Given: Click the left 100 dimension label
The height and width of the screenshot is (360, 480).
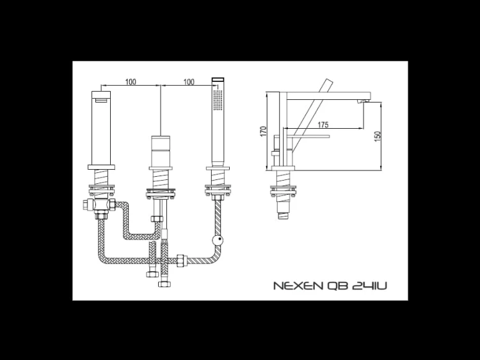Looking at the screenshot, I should tap(131, 81).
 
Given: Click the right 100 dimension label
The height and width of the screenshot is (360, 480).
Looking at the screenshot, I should tap(189, 81).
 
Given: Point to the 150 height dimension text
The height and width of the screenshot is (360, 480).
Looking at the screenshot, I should tap(378, 136).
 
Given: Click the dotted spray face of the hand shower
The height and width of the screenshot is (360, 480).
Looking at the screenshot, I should tap(217, 102).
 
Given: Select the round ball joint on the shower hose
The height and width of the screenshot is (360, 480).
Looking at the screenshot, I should tap(218, 241).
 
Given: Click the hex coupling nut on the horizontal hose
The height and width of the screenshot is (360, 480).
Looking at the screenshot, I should tap(182, 261).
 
